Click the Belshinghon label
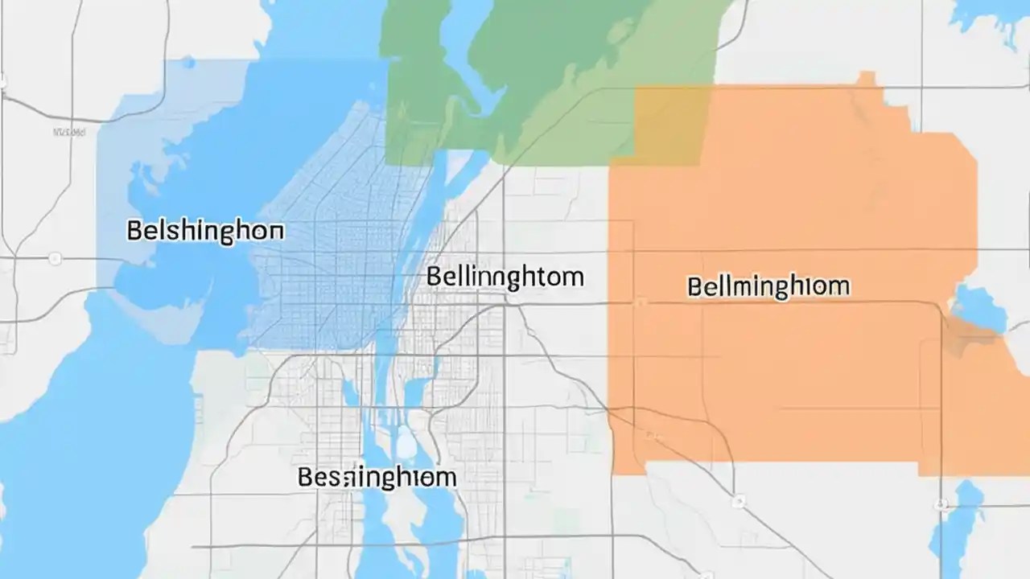coord(205,231)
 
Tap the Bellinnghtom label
coord(505,277)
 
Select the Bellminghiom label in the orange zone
coord(768,286)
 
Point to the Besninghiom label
coord(377,477)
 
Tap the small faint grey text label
coord(69,131)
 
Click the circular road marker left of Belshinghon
coord(55,258)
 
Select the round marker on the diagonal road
coord(738,501)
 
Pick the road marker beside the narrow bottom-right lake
coord(941,505)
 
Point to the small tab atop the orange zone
coord(866,78)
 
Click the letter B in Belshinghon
coord(135,231)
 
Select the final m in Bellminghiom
coord(840,286)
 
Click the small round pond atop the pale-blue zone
coord(187,62)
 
